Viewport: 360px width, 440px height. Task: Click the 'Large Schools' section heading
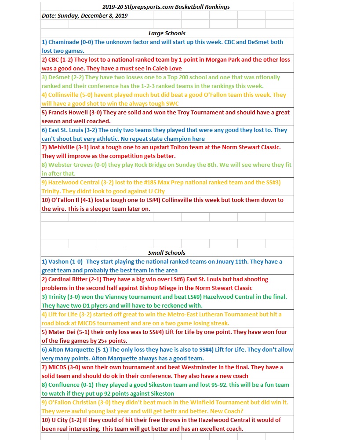167,33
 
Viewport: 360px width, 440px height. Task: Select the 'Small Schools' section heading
167,253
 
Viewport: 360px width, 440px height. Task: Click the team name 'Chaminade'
63,42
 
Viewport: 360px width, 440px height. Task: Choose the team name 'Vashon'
58,262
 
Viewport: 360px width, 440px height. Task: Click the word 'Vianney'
113,297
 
